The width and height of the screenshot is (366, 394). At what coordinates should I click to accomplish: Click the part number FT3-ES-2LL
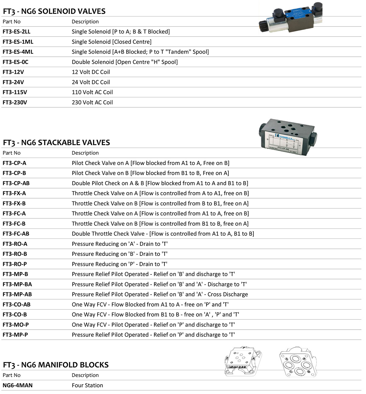point(16,32)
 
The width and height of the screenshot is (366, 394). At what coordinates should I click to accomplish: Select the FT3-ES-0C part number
point(15,62)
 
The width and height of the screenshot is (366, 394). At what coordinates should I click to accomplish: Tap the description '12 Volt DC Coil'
point(91,72)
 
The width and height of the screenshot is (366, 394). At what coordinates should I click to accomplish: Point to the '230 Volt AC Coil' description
point(92,102)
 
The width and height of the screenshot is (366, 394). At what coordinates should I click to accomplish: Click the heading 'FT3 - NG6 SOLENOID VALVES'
point(54,11)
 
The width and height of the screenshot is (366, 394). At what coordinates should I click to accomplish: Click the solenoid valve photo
point(290,18)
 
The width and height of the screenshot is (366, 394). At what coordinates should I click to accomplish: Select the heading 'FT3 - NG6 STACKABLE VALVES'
point(56,142)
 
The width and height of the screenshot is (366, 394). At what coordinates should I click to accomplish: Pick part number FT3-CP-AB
point(16,183)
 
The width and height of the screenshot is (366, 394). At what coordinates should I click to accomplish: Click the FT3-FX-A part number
point(14,193)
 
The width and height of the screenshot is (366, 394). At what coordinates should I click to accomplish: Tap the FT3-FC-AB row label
point(16,234)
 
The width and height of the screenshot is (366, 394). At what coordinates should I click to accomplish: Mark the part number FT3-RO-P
point(15,264)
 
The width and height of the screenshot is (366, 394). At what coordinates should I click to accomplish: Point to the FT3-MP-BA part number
point(17,284)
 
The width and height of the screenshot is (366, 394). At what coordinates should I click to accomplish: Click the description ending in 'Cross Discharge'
point(160,294)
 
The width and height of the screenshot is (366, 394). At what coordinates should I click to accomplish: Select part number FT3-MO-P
point(16,325)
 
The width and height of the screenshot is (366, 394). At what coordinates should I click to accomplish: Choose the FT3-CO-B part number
point(15,314)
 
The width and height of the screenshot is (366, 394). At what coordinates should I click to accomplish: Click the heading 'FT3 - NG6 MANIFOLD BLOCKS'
point(56,365)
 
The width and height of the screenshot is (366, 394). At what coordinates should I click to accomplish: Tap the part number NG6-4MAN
point(17,385)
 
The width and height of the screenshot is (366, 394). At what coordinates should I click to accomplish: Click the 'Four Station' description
point(87,385)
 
